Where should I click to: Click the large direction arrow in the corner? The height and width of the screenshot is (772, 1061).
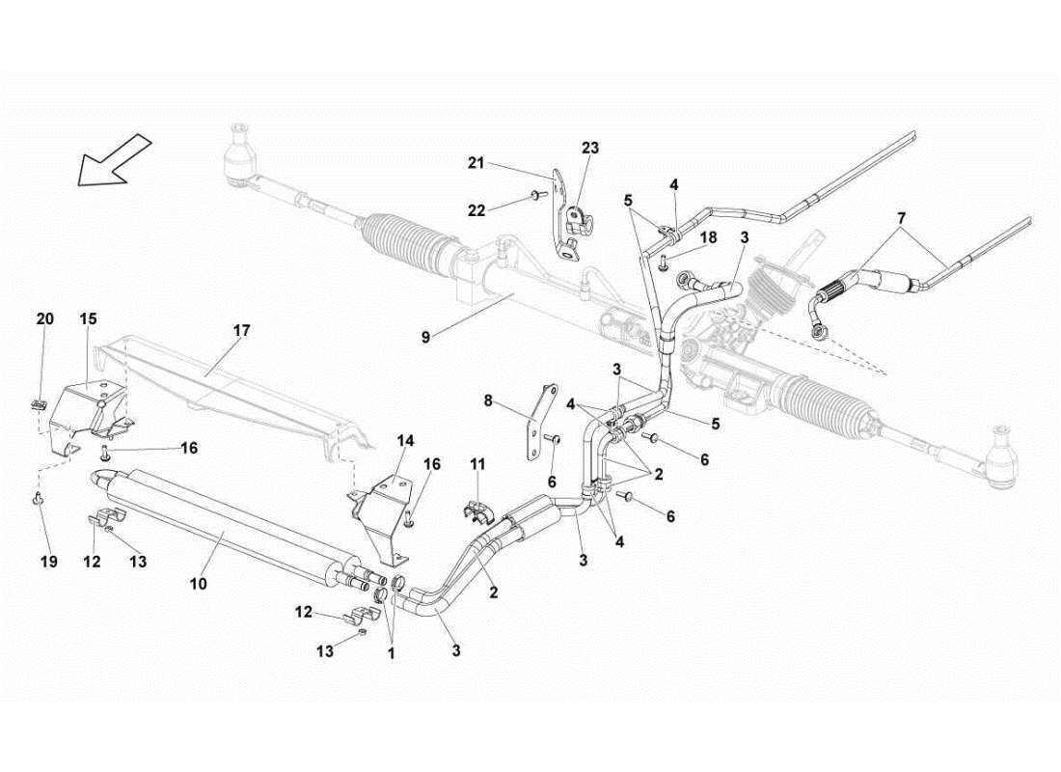[114, 159]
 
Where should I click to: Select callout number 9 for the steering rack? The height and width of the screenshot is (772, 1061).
[426, 337]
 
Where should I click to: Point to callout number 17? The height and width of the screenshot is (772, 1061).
[241, 330]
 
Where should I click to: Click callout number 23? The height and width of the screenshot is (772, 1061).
[589, 148]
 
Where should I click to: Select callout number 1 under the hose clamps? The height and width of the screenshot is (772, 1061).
[391, 651]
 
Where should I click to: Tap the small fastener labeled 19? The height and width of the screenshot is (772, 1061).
[39, 499]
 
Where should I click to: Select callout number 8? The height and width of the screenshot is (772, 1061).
[488, 399]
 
